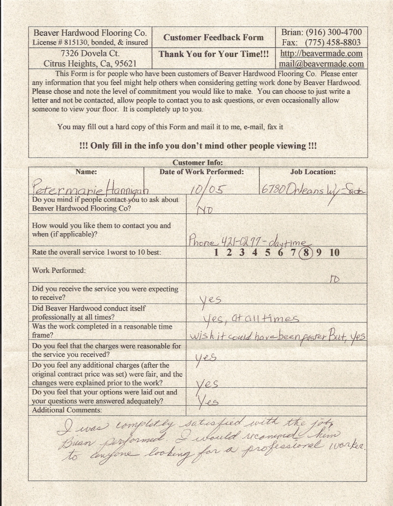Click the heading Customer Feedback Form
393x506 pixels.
point(213,37)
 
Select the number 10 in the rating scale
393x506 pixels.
point(334,253)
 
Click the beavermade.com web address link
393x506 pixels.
point(321,53)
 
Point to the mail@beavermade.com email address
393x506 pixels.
point(321,64)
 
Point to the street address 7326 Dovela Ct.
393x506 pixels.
point(90,53)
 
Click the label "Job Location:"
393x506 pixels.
point(313,172)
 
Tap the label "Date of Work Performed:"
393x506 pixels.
point(201,172)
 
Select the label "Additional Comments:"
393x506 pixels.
point(67,410)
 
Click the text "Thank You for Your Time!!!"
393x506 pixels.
point(213,54)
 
